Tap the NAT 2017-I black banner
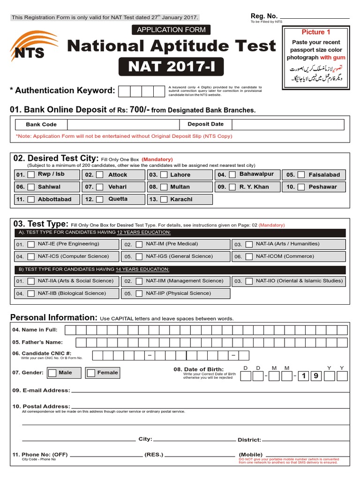tap(171, 66)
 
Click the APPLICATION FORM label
tap(171, 30)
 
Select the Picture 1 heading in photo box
tap(315, 32)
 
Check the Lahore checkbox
tap(164, 175)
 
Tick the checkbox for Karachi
tap(164, 199)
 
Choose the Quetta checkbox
tap(100, 199)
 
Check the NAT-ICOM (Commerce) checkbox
tap(249, 257)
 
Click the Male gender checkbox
tap(52, 373)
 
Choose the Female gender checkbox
tap(91, 373)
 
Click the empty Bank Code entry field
tap(123, 124)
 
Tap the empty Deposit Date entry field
tap(287, 124)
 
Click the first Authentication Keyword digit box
tap(125, 91)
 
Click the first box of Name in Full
tap(70, 330)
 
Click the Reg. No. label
tap(264, 16)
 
